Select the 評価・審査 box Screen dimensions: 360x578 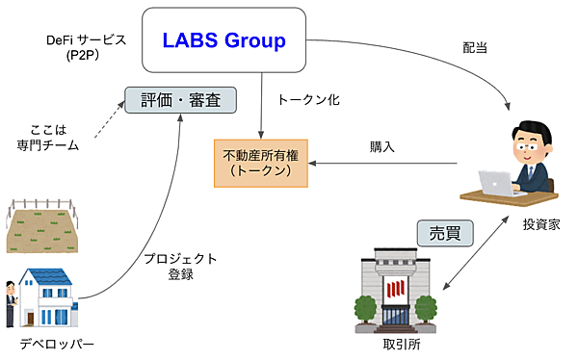click(x=180, y=99)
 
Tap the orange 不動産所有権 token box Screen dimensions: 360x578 click(x=255, y=162)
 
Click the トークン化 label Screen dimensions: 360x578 click(x=307, y=99)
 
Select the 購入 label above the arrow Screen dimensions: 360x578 click(x=382, y=147)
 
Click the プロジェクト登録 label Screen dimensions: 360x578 click(x=180, y=267)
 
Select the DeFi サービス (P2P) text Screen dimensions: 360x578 click(x=86, y=48)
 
